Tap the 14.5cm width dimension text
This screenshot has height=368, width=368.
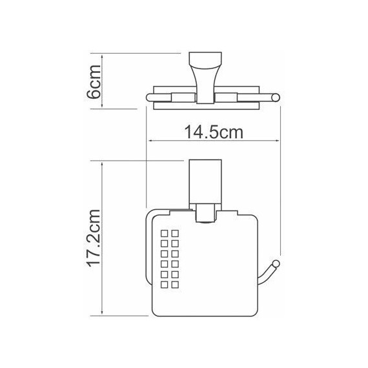(x=213, y=134)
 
